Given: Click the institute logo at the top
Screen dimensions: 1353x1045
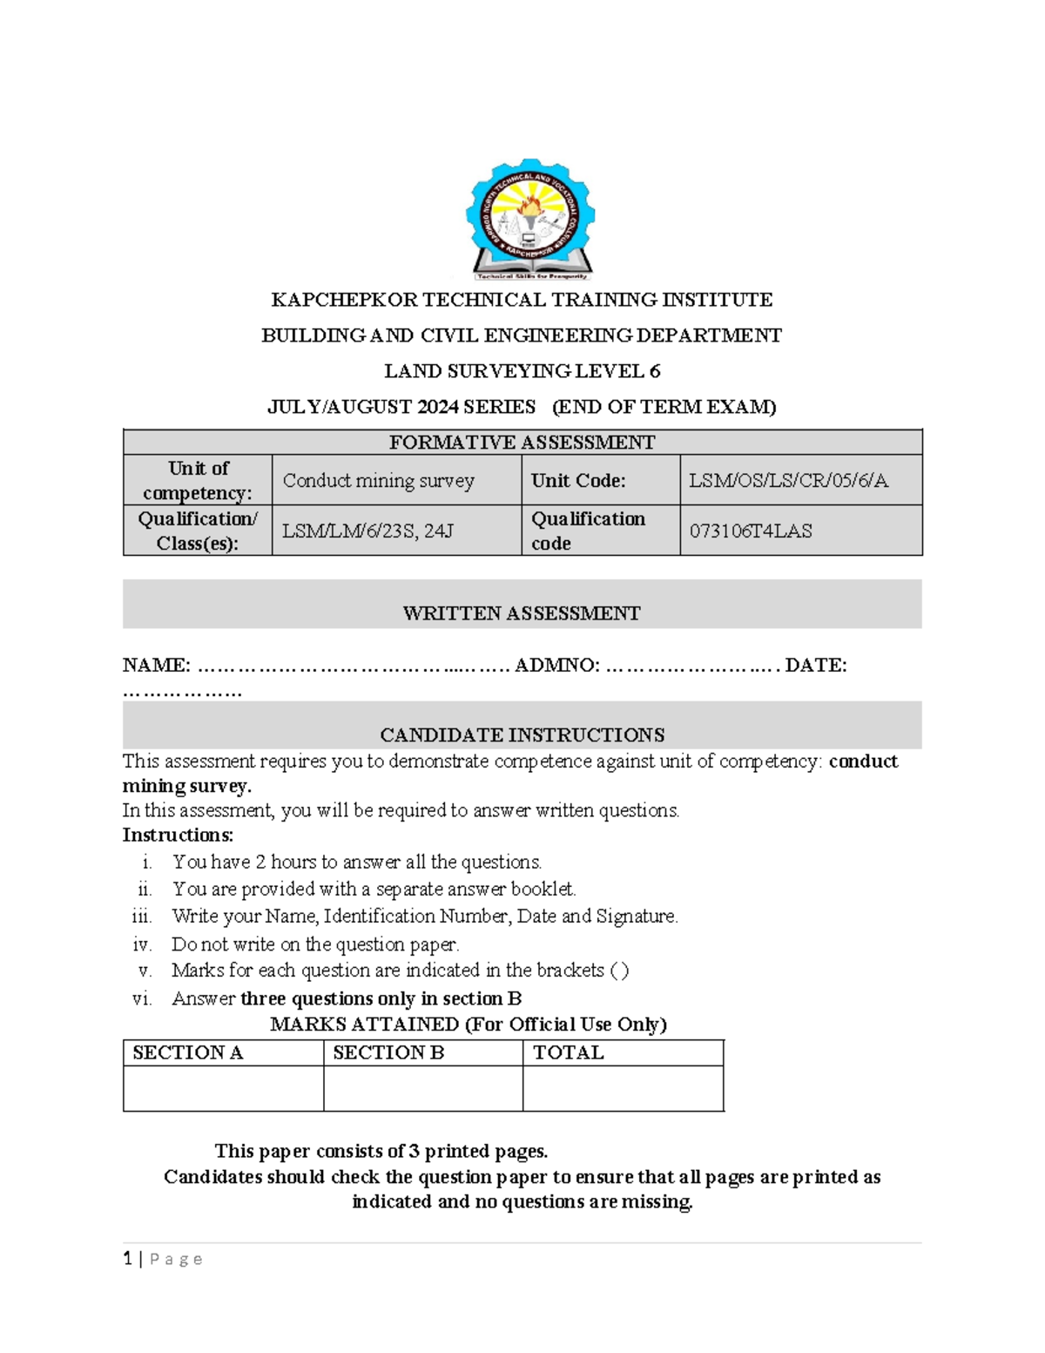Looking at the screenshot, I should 529,220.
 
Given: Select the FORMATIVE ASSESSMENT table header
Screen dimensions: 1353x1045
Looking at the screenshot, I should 522,443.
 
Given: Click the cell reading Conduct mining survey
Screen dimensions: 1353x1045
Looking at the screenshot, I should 379,481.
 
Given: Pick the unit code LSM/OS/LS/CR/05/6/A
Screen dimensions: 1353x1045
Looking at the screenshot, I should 788,481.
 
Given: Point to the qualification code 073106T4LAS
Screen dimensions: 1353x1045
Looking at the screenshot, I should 750,531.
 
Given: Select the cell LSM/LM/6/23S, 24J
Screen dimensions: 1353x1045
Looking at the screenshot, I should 367,531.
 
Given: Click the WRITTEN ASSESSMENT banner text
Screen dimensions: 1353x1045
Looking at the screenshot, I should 522,613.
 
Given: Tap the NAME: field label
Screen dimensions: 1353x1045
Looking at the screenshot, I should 157,666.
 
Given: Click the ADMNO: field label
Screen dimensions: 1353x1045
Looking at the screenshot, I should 556,666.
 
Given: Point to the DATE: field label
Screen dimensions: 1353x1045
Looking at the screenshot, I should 815,666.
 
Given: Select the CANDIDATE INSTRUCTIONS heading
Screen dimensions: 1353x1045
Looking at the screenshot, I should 522,734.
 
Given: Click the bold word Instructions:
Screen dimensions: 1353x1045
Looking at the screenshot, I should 178,835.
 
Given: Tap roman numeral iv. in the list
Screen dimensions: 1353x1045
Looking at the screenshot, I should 142,944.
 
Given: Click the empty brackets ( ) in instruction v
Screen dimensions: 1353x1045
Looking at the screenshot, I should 619,971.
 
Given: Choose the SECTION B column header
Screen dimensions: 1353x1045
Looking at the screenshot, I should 388,1052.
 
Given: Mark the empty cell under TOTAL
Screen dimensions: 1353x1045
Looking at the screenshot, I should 623,1089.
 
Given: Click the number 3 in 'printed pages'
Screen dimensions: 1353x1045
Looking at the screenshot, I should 415,1152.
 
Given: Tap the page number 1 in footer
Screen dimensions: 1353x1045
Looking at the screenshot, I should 128,1258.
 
